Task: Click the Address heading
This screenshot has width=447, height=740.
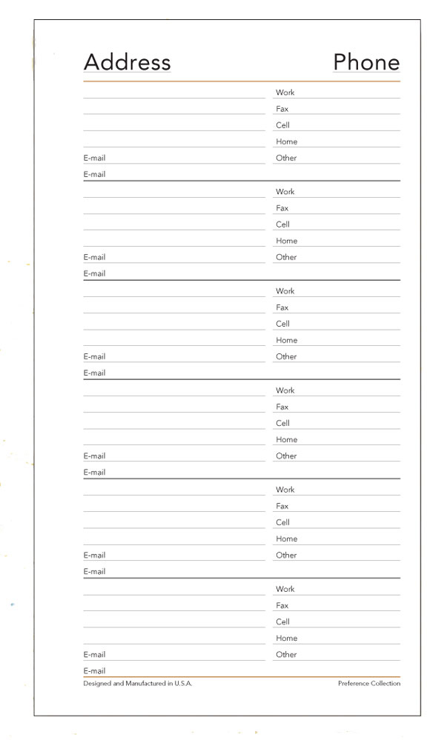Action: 127,61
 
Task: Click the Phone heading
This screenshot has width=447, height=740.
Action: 366,61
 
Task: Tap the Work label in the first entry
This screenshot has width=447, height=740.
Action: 285,93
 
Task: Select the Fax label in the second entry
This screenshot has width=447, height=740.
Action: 282,208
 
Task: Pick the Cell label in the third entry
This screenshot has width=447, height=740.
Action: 282,324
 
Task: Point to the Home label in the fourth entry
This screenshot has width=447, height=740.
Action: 286,439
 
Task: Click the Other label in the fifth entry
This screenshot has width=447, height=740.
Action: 286,555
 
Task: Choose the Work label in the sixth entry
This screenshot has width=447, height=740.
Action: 285,589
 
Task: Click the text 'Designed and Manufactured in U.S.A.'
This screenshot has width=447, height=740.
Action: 138,684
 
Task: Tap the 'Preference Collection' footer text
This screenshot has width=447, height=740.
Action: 368,684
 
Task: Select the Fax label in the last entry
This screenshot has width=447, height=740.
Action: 282,605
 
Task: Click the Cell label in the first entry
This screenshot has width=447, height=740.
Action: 282,125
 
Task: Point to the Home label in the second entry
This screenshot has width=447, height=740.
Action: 286,241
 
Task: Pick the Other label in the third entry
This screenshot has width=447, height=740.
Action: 286,356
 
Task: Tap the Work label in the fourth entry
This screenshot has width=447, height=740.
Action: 285,390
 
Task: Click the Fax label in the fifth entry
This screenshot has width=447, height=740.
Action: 282,506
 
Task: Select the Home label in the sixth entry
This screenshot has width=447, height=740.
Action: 286,638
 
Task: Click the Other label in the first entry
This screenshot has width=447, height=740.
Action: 286,158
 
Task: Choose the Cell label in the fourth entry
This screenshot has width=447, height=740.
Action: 282,423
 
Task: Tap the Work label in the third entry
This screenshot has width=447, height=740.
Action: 285,291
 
